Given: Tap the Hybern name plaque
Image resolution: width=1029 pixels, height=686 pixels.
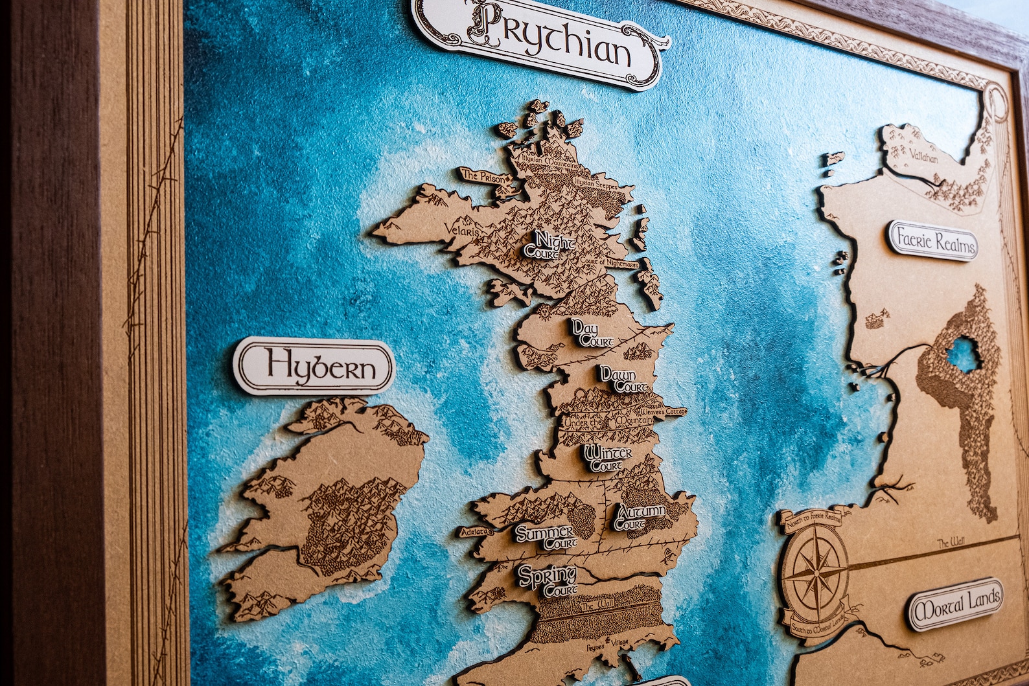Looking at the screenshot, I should pyautogui.click(x=314, y=367).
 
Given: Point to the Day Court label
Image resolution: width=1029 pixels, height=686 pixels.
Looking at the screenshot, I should pyautogui.click(x=586, y=333).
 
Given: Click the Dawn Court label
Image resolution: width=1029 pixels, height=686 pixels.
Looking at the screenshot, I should pyautogui.click(x=623, y=380).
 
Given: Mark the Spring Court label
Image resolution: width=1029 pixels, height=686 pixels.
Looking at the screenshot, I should pyautogui.click(x=548, y=580).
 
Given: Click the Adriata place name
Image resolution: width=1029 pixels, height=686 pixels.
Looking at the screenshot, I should pyautogui.click(x=476, y=532).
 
